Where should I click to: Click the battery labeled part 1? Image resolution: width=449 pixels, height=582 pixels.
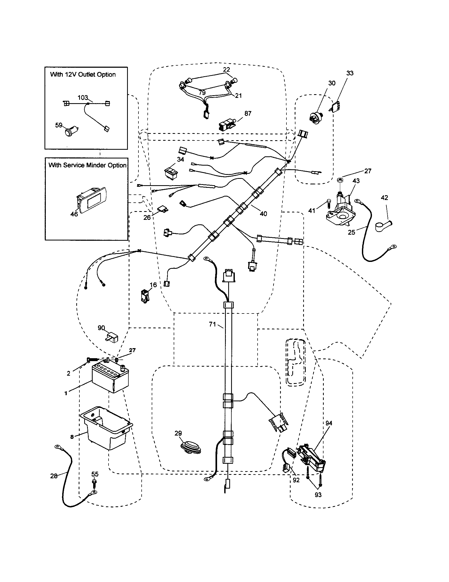coord(110,379)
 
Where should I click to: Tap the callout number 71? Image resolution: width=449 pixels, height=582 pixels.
coord(212,324)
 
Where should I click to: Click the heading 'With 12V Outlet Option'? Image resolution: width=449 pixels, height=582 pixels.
coord(83,75)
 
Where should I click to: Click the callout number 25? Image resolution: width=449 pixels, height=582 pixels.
coord(351,232)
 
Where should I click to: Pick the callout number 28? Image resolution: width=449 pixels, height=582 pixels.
coord(54,476)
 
